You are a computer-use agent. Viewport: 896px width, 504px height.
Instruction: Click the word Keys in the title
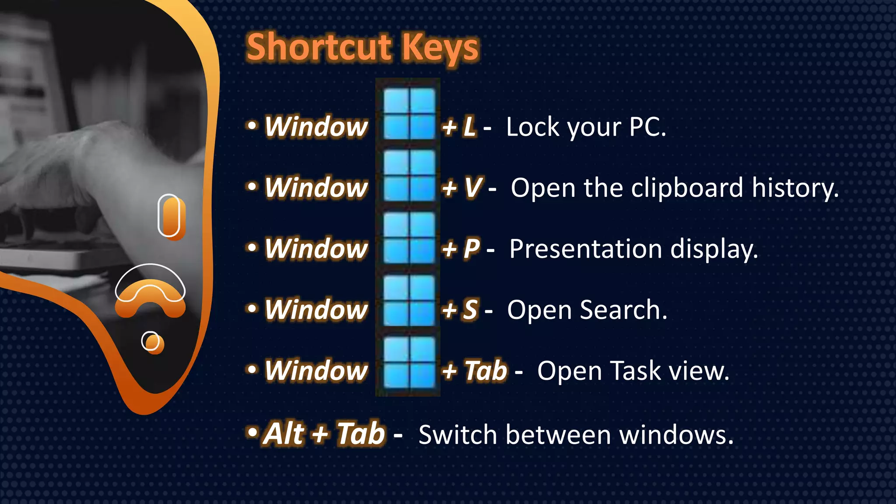click(x=441, y=48)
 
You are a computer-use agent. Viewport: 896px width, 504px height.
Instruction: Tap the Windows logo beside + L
click(x=409, y=114)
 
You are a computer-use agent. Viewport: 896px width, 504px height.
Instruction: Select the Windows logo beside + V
click(x=409, y=175)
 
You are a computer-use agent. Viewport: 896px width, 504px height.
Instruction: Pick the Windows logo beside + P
click(x=409, y=238)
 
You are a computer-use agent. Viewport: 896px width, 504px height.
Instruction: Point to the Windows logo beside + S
click(x=409, y=300)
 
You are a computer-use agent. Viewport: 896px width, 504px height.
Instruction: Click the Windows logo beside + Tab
click(x=409, y=363)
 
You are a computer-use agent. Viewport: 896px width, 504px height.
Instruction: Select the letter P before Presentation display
click(x=472, y=249)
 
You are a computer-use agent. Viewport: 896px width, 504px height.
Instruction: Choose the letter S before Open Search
click(x=471, y=310)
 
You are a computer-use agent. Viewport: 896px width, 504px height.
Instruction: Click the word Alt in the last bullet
click(x=285, y=434)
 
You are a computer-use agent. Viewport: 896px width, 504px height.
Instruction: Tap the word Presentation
click(x=586, y=249)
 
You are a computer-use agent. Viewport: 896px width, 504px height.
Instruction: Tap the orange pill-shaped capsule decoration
click(x=171, y=217)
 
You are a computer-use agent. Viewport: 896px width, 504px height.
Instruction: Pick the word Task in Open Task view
click(x=636, y=371)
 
